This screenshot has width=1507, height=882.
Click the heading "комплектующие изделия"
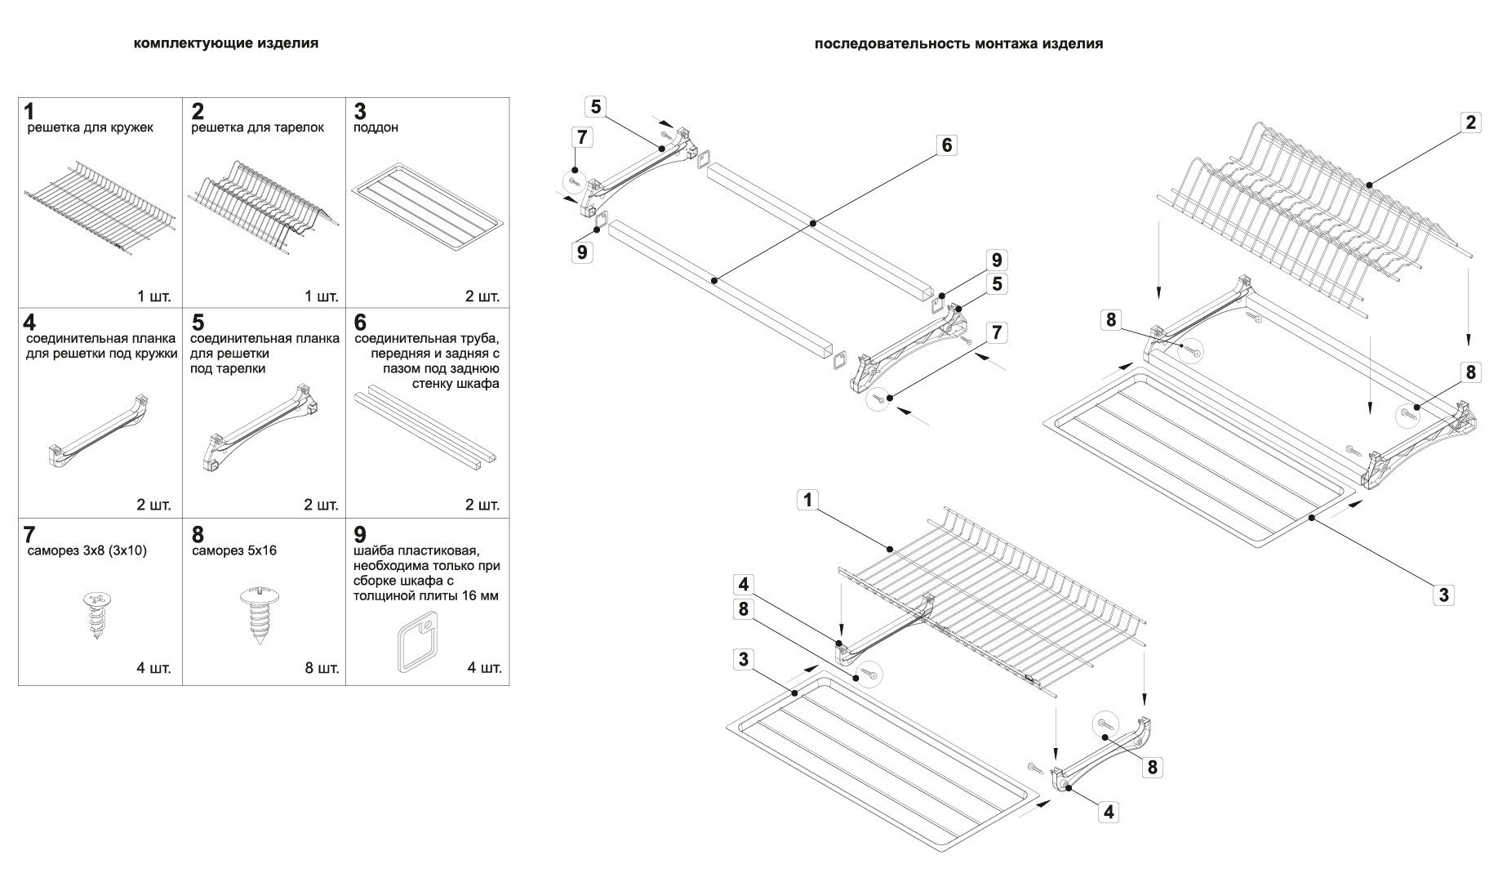click(x=226, y=43)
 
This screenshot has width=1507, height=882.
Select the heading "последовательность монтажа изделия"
click(x=958, y=44)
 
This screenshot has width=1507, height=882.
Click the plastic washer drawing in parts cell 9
click(x=414, y=644)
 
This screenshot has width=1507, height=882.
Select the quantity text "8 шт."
click(x=322, y=669)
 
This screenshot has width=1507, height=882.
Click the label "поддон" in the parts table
click(x=376, y=128)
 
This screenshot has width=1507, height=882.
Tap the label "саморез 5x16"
click(x=233, y=550)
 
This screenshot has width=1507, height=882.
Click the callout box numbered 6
click(x=946, y=145)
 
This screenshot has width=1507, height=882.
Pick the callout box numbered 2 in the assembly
click(x=1470, y=122)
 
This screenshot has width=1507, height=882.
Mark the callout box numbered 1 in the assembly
click(x=807, y=500)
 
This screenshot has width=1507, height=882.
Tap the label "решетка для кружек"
click(x=91, y=128)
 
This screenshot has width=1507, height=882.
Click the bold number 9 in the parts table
click(x=360, y=535)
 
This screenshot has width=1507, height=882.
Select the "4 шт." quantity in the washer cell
click(x=484, y=669)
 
